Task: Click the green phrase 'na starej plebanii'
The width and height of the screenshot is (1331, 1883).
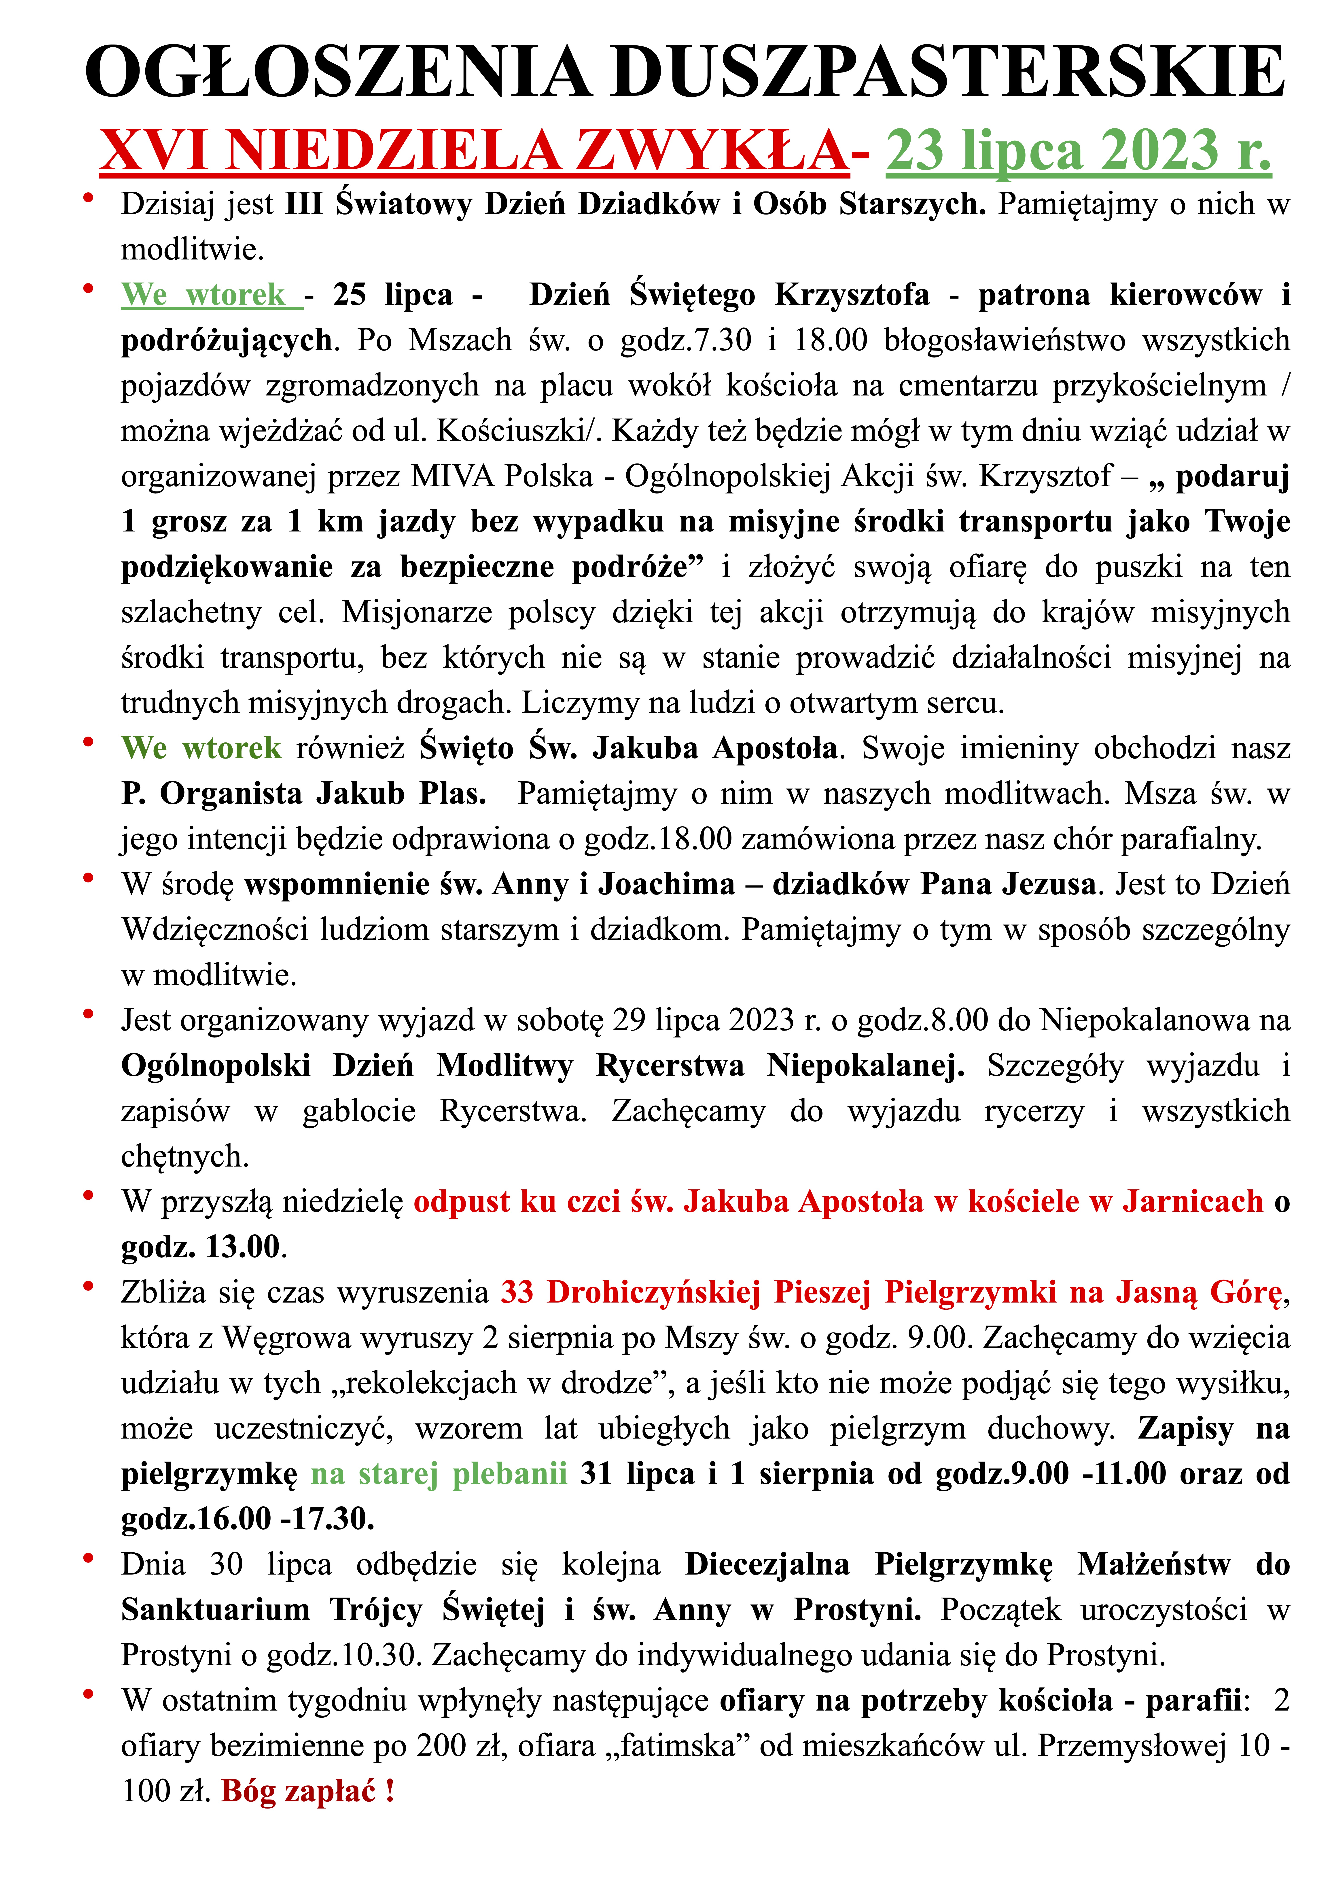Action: tap(439, 1474)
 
